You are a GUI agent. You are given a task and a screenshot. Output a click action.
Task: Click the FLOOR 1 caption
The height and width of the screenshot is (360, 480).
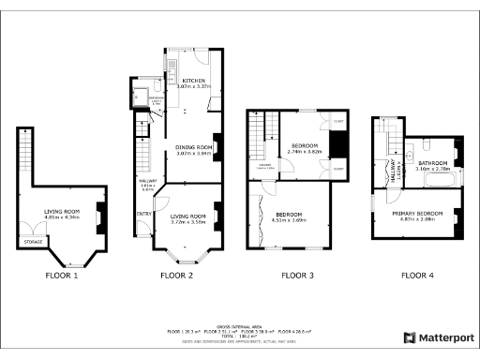click(x=62, y=276)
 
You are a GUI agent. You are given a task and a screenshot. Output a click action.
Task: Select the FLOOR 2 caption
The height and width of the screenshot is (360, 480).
click(x=176, y=276)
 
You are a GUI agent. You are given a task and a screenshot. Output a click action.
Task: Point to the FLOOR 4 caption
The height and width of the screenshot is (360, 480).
click(x=418, y=276)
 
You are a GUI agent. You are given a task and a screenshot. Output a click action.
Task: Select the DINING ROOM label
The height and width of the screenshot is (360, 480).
click(x=195, y=147)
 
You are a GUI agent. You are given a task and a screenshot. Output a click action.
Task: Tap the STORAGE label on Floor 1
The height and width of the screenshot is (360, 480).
click(x=32, y=243)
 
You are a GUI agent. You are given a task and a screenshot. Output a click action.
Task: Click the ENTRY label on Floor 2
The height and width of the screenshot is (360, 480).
click(x=143, y=214)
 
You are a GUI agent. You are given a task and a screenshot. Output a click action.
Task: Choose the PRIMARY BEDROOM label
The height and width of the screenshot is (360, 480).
click(x=417, y=213)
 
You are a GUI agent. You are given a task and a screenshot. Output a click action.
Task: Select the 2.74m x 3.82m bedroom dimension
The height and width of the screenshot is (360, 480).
click(x=303, y=152)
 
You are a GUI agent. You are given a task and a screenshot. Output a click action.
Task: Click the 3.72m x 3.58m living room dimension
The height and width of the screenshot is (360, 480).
click(x=187, y=222)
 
